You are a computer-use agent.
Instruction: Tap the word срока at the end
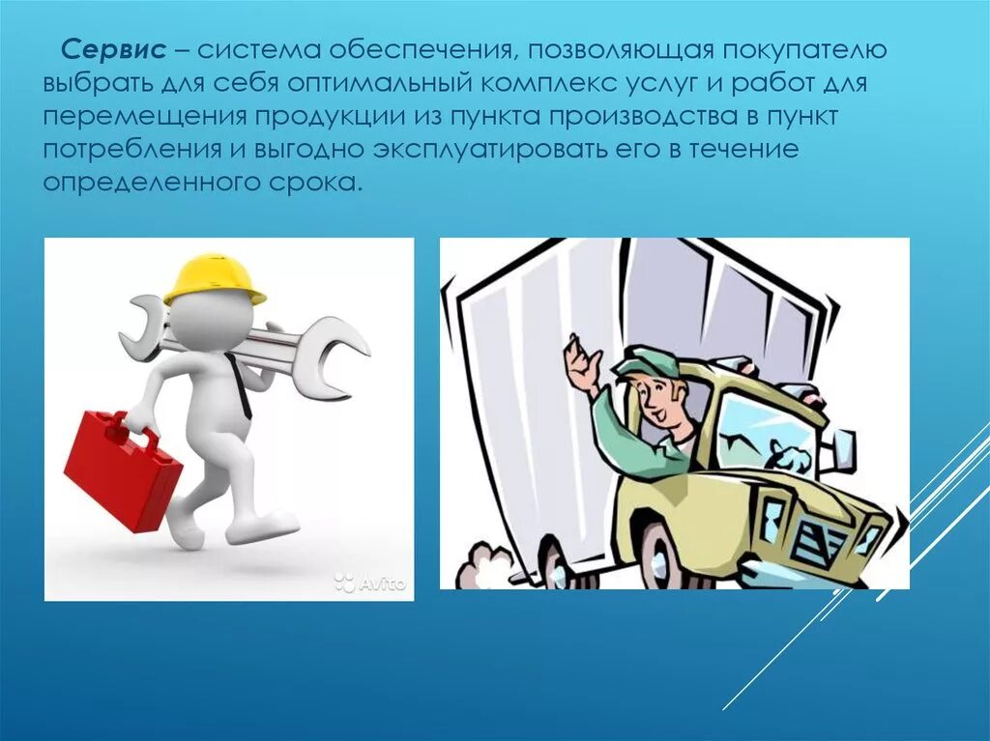(313, 183)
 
